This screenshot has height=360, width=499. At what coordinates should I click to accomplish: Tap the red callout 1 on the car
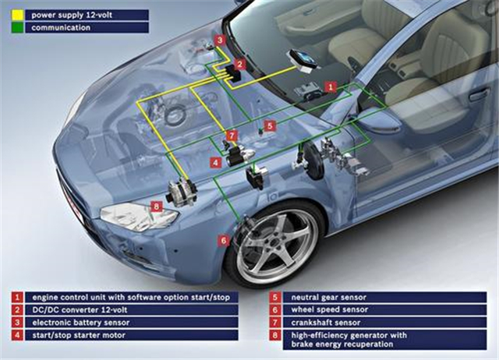[x=331, y=87]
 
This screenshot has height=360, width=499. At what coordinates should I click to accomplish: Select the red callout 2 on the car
[x=240, y=64]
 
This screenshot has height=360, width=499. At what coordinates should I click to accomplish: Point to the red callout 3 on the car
[x=221, y=40]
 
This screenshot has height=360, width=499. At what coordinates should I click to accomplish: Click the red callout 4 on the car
[x=215, y=163]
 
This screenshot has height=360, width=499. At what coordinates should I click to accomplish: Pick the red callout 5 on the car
[x=270, y=125]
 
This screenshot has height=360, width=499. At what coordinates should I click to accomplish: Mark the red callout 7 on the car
[x=232, y=136]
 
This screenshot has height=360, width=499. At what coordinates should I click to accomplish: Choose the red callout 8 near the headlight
[x=157, y=206]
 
